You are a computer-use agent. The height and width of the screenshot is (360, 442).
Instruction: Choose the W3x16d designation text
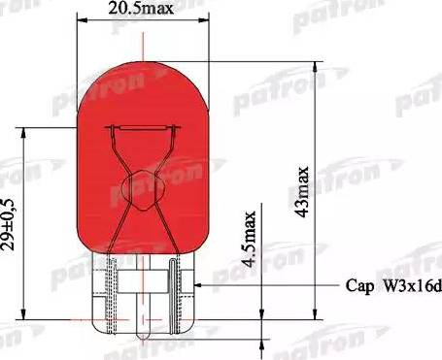[409, 286]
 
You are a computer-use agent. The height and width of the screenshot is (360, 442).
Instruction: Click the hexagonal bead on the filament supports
[142, 184]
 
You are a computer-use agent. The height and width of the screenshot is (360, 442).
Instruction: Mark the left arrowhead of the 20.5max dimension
[81, 23]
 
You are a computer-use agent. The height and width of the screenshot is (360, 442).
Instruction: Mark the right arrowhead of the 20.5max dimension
[202, 23]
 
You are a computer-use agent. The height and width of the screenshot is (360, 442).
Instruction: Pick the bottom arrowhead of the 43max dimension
[317, 316]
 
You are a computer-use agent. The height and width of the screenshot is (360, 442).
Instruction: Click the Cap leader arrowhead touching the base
[197, 285]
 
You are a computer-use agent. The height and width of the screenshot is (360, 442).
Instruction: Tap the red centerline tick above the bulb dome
[142, 42]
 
